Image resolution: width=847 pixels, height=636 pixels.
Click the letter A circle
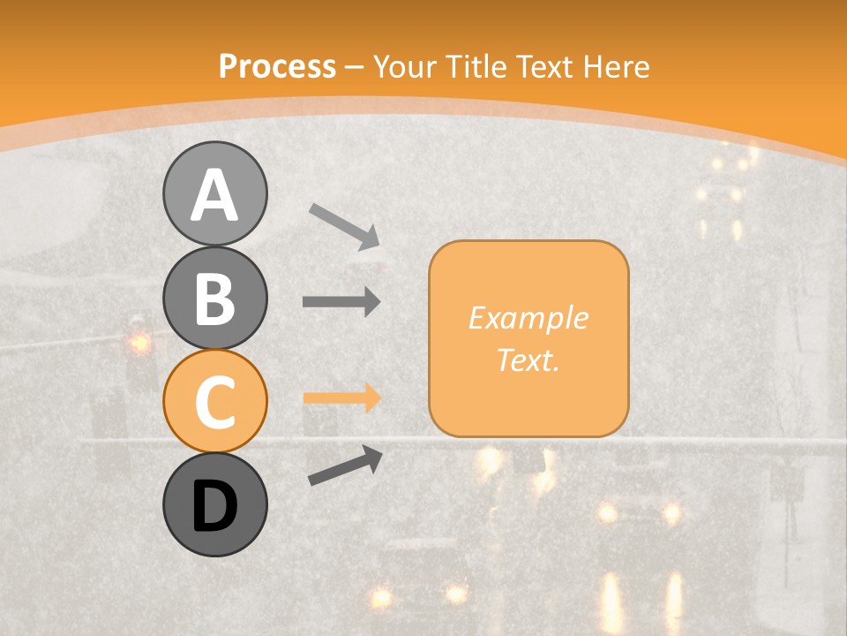tap(214, 193)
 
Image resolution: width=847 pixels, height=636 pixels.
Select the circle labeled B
tap(214, 298)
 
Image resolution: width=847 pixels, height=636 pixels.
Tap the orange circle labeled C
tap(214, 401)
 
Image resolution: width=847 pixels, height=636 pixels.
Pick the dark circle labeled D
tap(214, 504)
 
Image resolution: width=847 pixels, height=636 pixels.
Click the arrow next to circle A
tap(344, 224)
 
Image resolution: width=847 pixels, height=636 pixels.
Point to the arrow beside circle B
tap(341, 302)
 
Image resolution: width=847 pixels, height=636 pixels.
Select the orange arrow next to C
tap(341, 398)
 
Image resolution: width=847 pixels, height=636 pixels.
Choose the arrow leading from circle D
tap(345, 465)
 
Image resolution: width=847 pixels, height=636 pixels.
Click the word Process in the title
tap(277, 66)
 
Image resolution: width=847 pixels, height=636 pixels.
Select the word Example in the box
tap(528, 318)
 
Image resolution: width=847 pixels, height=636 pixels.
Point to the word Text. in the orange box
tap(528, 360)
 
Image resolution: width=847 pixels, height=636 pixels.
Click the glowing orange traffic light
tap(139, 341)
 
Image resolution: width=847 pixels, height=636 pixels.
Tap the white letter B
tap(214, 299)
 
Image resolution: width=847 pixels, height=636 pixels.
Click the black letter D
tap(214, 505)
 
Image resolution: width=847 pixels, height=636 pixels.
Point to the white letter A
tap(214, 194)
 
